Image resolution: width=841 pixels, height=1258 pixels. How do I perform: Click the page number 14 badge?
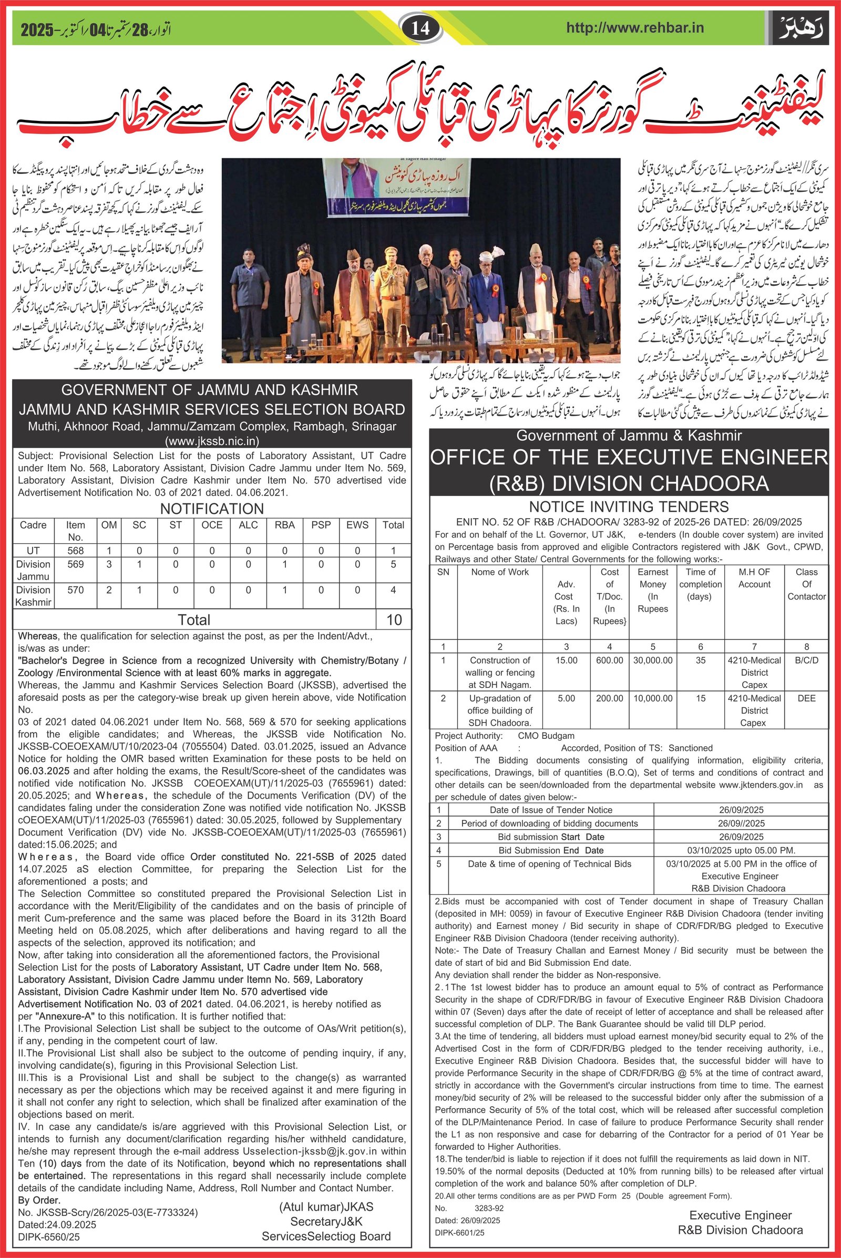point(421,28)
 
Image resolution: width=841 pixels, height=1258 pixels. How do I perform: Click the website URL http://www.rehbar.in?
point(634,28)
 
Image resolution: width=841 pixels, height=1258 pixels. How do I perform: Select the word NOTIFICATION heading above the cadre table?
point(212,508)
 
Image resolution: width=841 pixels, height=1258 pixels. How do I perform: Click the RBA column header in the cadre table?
point(285,525)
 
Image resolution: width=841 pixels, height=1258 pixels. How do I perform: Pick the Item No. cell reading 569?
point(76,564)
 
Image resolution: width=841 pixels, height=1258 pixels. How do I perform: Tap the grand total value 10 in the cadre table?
point(394,620)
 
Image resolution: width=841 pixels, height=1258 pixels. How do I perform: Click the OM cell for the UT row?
point(109,551)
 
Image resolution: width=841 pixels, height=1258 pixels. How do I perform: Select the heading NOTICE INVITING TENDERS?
point(629,506)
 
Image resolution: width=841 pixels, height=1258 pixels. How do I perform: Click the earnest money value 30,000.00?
point(653,660)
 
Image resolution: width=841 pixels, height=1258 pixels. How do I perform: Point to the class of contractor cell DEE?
point(806,698)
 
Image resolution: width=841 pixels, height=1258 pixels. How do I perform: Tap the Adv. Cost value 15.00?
point(567,660)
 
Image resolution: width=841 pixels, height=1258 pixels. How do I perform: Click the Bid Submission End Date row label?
point(551,850)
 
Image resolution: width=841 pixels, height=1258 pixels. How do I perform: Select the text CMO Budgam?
point(546,736)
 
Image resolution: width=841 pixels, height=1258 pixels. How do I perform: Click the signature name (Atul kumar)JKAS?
point(326,1207)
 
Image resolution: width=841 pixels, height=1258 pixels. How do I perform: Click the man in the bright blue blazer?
point(487,300)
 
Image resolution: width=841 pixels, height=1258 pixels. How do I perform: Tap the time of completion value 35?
point(701,660)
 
